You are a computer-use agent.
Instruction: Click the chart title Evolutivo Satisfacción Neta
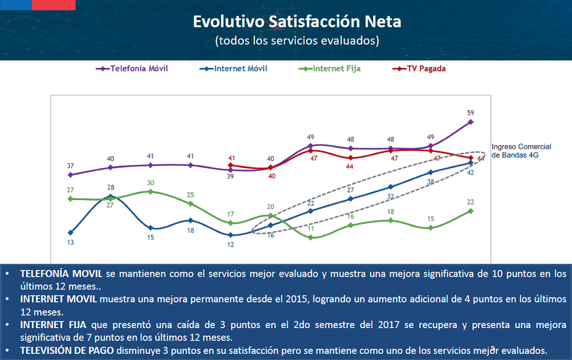coord(297,22)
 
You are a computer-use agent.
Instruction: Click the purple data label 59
coord(471,112)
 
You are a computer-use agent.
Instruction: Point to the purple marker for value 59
coord(471,121)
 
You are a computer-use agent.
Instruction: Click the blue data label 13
coord(70,243)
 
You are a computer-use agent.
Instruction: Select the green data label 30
coord(151,183)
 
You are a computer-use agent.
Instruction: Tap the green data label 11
coord(311,229)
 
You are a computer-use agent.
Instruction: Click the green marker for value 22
coord(471,211)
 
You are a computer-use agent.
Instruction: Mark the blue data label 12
coord(231,245)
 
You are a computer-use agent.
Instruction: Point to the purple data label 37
coord(70,165)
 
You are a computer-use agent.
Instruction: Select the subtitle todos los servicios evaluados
coord(297,41)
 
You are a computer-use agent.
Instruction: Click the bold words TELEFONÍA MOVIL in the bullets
coord(61,274)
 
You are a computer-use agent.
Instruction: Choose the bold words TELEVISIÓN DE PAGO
coord(67,350)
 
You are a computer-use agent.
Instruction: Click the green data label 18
coord(391,212)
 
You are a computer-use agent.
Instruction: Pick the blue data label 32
coord(391,196)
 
